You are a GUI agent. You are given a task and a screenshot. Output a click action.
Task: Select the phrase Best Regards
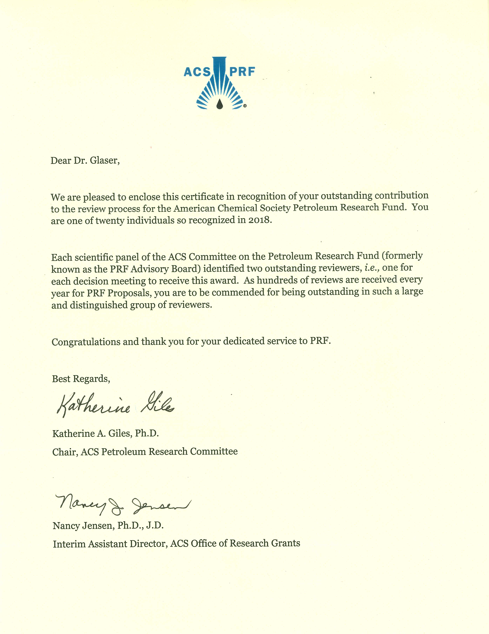[81, 379]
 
